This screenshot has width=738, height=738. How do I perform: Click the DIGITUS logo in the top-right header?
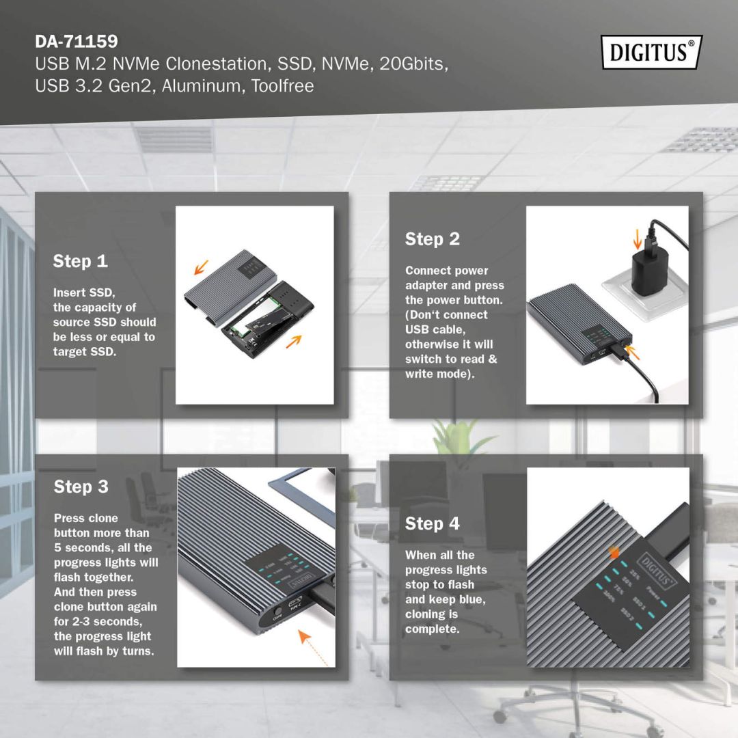click(651, 53)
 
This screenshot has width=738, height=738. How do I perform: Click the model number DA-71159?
click(76, 42)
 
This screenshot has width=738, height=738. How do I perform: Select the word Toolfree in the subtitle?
click(282, 87)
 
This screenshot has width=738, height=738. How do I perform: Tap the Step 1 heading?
click(81, 261)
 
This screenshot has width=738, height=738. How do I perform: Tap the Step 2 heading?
click(433, 239)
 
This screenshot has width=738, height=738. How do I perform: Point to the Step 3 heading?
click(81, 487)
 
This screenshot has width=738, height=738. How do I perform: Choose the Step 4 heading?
click(433, 524)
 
